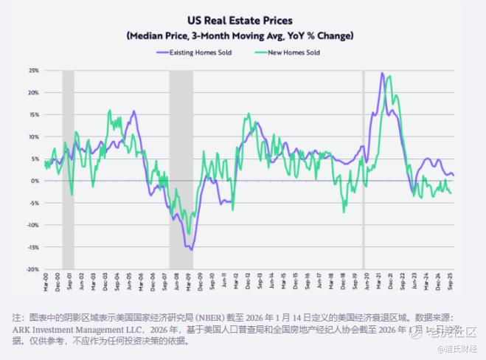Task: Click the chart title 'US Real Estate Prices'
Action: click(x=243, y=21)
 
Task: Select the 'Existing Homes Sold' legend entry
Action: click(x=199, y=53)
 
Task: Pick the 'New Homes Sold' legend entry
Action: click(x=291, y=53)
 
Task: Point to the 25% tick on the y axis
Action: click(x=34, y=70)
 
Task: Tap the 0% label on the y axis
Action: click(x=35, y=181)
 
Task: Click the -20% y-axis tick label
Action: click(x=33, y=269)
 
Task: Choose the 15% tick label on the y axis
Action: click(x=34, y=114)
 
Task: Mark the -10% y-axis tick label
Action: click(x=33, y=225)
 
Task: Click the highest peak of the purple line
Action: click(x=381, y=73)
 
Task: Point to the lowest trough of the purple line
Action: click(x=192, y=250)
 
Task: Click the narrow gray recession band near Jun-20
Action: click(x=363, y=170)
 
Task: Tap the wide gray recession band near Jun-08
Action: click(x=181, y=170)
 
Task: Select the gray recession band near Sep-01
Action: click(x=68, y=170)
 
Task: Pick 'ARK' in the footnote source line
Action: click(x=23, y=330)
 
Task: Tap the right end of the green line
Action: click(x=452, y=193)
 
